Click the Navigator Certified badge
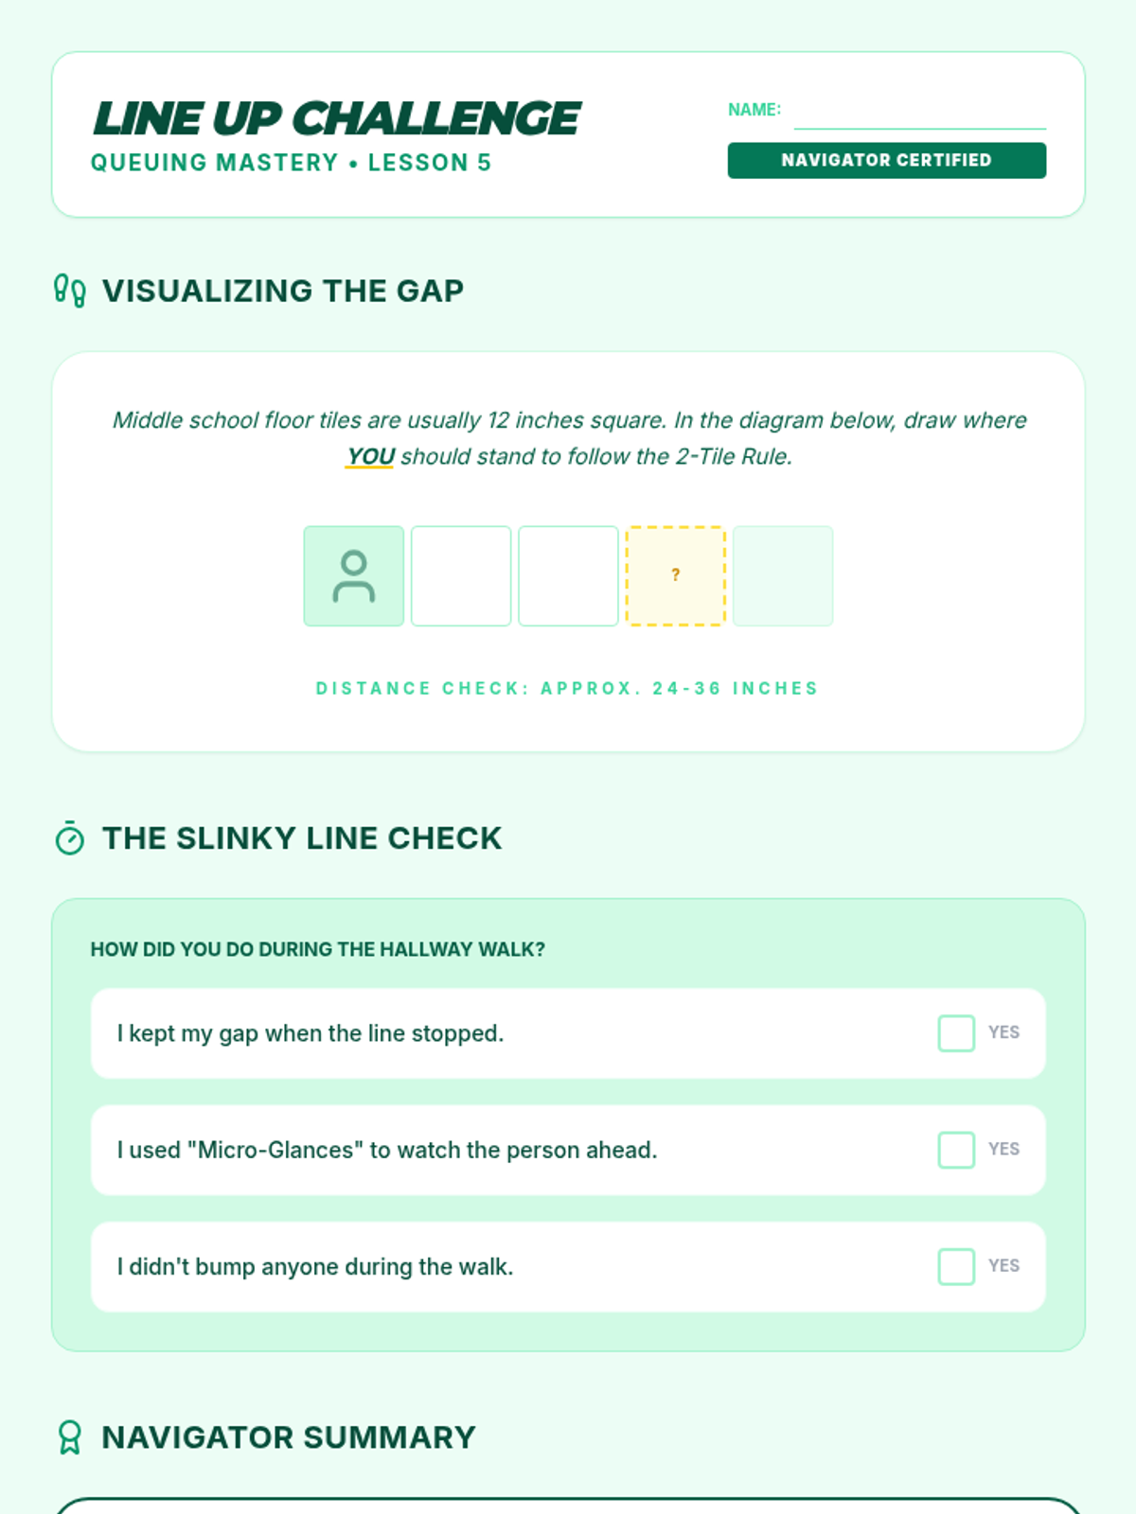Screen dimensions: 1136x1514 (886, 160)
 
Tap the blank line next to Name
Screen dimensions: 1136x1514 (919, 129)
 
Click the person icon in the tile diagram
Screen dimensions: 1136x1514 (354, 576)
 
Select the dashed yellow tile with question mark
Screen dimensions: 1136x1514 (675, 576)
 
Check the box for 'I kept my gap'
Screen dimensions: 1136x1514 (956, 1032)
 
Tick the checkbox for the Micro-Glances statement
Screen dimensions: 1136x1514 (956, 1150)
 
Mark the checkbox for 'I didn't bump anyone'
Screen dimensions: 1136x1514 (956, 1266)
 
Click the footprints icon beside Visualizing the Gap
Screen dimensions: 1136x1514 (70, 290)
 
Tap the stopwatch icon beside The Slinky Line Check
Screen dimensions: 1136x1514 (70, 838)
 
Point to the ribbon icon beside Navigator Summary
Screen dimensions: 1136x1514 (70, 1437)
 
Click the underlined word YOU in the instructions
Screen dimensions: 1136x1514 (370, 457)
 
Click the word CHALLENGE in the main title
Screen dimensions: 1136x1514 (436, 118)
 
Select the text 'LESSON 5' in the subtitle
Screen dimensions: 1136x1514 (429, 163)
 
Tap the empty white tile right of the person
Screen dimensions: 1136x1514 (461, 576)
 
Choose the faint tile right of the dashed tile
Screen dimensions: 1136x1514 (783, 576)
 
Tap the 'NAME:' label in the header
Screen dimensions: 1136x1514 (754, 110)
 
